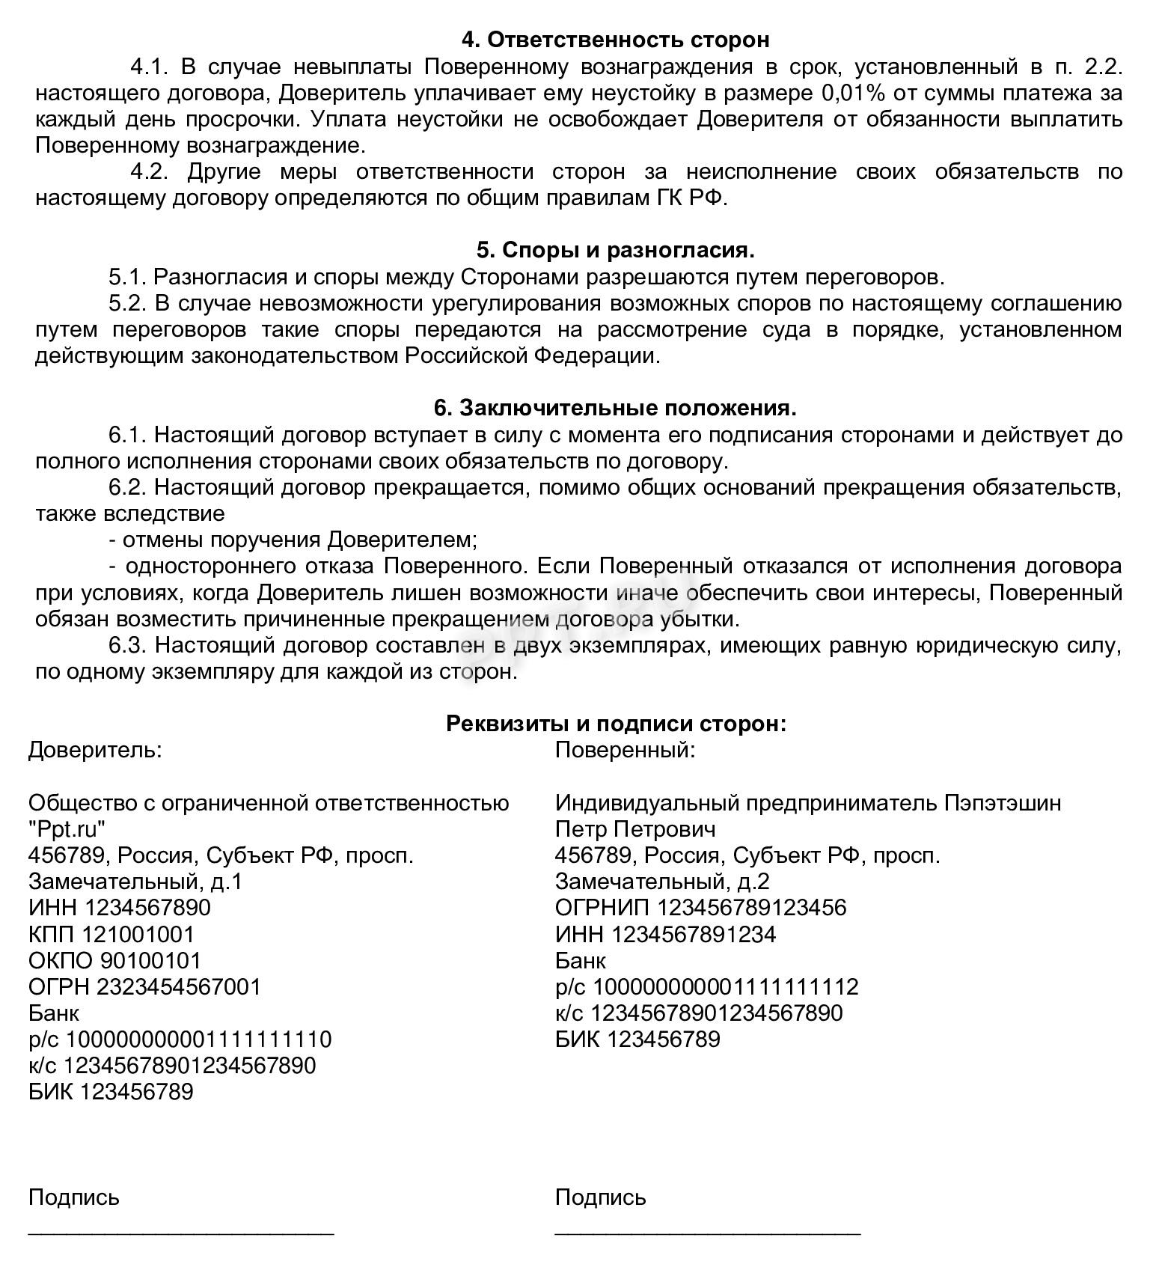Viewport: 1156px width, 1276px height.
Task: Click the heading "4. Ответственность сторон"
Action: click(x=614, y=39)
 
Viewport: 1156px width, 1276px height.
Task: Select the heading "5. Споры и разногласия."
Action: click(x=615, y=250)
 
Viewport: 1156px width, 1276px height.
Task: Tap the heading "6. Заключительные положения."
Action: click(x=615, y=408)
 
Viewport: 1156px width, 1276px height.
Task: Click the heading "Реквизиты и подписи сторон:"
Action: click(x=616, y=724)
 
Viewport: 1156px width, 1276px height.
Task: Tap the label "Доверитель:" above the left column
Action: click(x=95, y=750)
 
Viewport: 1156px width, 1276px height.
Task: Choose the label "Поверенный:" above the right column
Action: click(x=625, y=750)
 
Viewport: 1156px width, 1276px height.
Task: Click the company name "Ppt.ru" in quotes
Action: click(x=67, y=829)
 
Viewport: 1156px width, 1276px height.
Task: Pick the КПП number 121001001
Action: click(x=138, y=934)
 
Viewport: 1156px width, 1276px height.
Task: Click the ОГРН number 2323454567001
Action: click(x=179, y=986)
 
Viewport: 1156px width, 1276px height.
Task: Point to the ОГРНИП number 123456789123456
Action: click(x=751, y=908)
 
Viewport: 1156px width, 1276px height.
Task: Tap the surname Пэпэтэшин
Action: click(x=1002, y=803)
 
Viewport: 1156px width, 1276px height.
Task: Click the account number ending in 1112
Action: click(x=725, y=986)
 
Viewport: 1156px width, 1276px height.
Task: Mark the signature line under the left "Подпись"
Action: click(x=181, y=1231)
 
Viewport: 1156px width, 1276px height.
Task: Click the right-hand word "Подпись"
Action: click(x=600, y=1197)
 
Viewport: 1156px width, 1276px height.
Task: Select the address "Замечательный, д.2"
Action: click(x=662, y=882)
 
